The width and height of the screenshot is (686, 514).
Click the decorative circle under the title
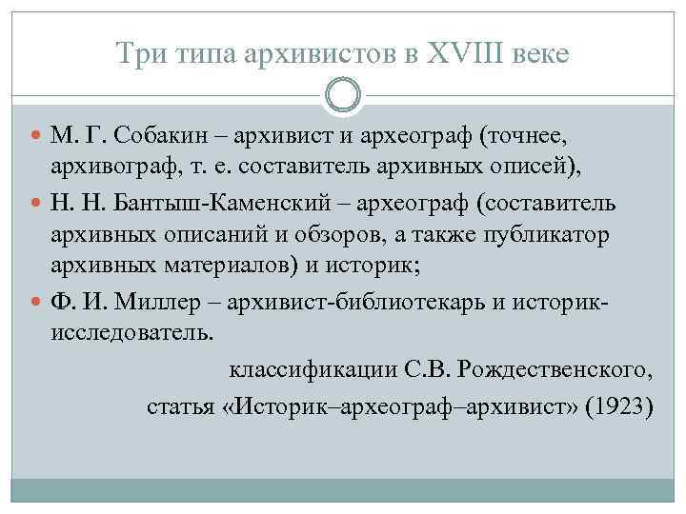343,95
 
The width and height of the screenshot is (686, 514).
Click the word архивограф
105,168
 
